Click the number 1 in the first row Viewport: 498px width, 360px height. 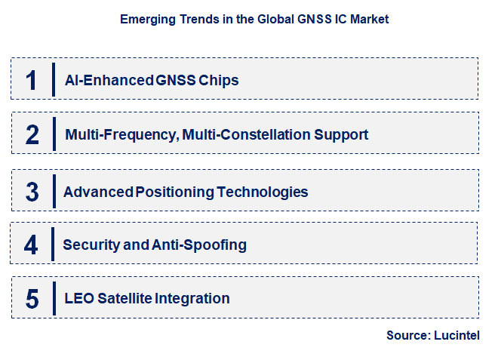click(31, 80)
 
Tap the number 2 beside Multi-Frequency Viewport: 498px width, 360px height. click(32, 135)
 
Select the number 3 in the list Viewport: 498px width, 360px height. click(32, 192)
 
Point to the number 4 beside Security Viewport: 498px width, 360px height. click(31, 245)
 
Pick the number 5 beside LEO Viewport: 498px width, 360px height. click(32, 299)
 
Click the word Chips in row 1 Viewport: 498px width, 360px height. click(218, 80)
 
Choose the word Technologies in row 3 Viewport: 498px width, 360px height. click(263, 192)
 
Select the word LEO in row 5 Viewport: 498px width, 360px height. click(78, 298)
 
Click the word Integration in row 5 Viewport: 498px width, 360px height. click(192, 298)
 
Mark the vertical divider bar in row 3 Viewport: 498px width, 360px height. click(54, 190)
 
